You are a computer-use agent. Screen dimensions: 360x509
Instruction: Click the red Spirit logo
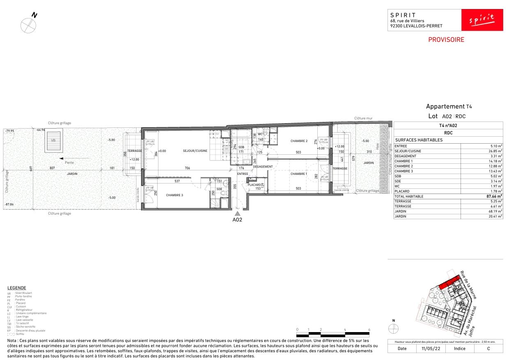click(x=482, y=20)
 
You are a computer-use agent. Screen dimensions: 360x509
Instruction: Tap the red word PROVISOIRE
click(x=446, y=40)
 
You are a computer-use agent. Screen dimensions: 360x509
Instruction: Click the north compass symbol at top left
click(x=29, y=25)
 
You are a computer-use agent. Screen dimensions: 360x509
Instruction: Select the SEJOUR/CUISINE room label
click(x=195, y=151)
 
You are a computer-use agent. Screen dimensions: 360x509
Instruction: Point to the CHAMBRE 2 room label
click(x=299, y=141)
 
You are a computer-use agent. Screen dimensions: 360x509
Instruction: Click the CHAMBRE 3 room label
click(x=174, y=195)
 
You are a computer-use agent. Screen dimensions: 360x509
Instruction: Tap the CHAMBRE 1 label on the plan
click(x=298, y=174)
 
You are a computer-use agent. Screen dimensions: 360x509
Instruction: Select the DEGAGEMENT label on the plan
click(x=263, y=166)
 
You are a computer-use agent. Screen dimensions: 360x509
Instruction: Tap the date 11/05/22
click(x=424, y=349)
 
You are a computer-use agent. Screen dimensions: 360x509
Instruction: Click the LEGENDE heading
click(x=17, y=288)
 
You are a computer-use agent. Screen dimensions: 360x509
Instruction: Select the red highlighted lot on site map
click(x=448, y=283)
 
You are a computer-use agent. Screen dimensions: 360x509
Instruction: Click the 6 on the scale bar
click(x=369, y=330)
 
